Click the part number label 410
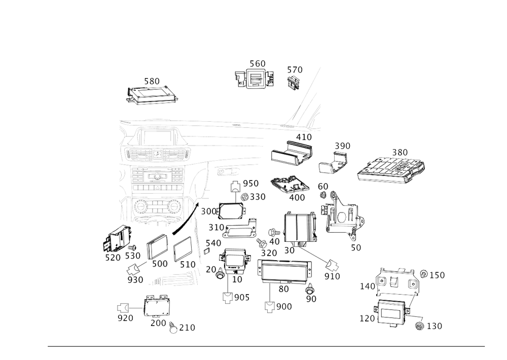(x=305, y=137)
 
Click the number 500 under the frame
(x=159, y=264)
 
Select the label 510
(x=187, y=265)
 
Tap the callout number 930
(x=135, y=279)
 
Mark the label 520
(x=113, y=258)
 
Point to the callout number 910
(x=332, y=276)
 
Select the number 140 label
(x=367, y=286)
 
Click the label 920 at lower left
(x=125, y=318)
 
